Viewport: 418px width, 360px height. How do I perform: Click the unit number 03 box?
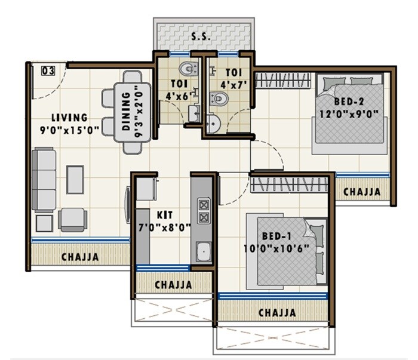48,71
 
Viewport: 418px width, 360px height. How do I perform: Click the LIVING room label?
69,118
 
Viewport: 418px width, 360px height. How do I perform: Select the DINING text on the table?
126,111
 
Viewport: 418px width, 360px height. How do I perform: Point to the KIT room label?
165,214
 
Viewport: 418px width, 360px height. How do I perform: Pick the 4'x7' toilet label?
233,78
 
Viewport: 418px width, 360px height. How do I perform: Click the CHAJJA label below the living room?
80,257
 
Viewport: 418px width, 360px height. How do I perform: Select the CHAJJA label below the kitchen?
173,285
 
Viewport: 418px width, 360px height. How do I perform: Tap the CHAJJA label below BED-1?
277,312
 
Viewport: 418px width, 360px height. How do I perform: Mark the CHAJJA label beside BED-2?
362,192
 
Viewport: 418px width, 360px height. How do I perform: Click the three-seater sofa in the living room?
44,180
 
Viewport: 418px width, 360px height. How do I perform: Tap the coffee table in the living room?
75,180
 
